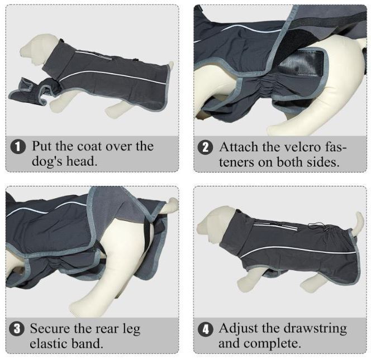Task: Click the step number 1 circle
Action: (18, 147)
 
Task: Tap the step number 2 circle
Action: (206, 147)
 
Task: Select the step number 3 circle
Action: (17, 329)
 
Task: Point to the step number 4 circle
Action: (205, 329)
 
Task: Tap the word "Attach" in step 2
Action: (239, 147)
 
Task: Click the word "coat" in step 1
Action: (90, 147)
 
